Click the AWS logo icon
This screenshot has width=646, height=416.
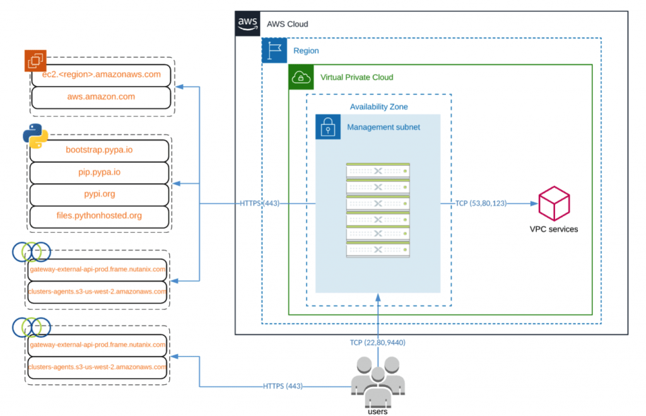(x=247, y=23)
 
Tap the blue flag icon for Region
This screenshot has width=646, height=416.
(x=274, y=51)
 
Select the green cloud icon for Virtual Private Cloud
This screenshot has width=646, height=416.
(x=301, y=77)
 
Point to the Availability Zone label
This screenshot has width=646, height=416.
(x=379, y=107)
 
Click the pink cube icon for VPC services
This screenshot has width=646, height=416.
(x=553, y=203)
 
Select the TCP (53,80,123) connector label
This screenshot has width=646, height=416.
(x=481, y=203)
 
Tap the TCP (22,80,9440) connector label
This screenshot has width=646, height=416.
(x=378, y=343)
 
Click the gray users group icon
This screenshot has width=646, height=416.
(x=377, y=381)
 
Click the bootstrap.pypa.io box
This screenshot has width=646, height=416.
(x=100, y=150)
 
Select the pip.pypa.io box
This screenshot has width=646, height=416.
(x=100, y=172)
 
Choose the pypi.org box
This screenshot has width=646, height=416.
(x=100, y=194)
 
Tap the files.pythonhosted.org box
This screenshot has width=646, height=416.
(x=100, y=215)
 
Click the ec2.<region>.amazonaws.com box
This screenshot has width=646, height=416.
(x=101, y=74)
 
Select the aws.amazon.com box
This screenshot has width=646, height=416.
(x=101, y=97)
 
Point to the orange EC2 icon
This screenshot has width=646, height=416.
(x=35, y=60)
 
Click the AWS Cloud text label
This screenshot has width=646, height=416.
(x=287, y=24)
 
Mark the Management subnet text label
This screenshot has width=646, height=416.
(x=383, y=127)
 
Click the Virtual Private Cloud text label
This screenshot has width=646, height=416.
(x=356, y=77)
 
